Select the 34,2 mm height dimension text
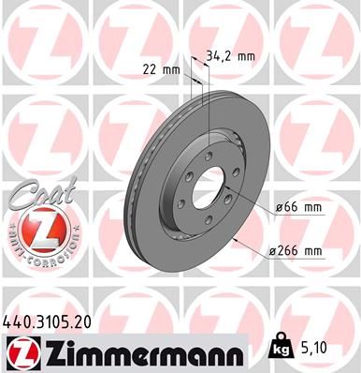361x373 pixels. (x=235, y=56)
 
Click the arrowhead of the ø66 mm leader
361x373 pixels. (x=224, y=192)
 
